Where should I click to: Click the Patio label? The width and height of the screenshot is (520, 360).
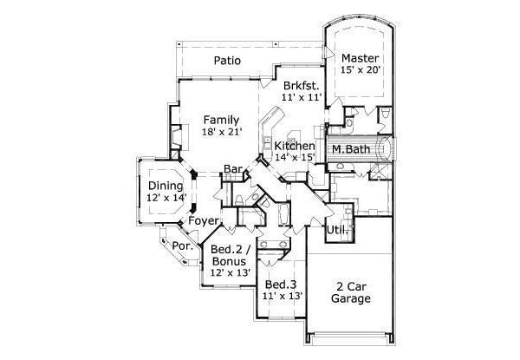tap(226, 61)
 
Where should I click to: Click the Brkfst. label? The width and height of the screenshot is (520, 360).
tap(302, 86)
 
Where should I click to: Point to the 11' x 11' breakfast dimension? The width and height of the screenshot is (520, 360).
tap(302, 98)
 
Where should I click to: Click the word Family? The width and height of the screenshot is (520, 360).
tap(221, 119)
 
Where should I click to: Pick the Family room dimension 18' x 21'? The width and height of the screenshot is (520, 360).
tap(221, 131)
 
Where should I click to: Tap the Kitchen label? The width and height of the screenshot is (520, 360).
tap(294, 146)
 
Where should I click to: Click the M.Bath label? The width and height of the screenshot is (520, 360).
tap(351, 149)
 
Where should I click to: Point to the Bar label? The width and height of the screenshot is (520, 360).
tap(232, 168)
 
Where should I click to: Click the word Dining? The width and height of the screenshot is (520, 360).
tap(165, 186)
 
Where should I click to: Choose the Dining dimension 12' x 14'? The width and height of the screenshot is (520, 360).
tap(165, 198)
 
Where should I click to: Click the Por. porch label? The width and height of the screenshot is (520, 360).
tap(181, 245)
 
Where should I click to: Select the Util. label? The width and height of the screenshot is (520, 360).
tap(337, 230)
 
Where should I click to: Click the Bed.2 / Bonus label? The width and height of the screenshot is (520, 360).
tap(228, 255)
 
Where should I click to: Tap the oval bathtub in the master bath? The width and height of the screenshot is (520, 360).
tap(381, 148)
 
